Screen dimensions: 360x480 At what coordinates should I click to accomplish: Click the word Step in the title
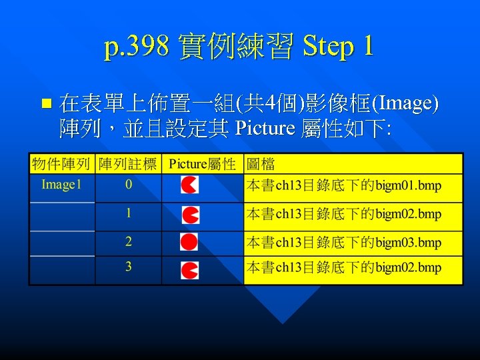click(x=329, y=47)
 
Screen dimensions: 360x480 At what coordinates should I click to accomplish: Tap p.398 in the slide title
click(x=137, y=47)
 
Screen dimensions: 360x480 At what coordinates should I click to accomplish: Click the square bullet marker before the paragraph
click(x=46, y=103)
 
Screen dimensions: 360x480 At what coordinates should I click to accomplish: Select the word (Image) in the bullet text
click(x=405, y=103)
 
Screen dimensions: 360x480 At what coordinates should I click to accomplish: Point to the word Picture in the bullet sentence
click(x=265, y=127)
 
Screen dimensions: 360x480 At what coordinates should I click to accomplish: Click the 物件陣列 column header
click(x=61, y=164)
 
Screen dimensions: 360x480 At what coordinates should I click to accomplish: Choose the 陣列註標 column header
click(x=128, y=164)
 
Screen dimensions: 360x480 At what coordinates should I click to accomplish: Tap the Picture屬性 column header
click(x=203, y=164)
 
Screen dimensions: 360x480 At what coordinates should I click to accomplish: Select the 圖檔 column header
click(x=261, y=164)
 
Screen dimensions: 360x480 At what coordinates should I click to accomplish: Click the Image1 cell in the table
click(x=61, y=185)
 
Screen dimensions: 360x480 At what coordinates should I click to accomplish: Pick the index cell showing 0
click(x=128, y=185)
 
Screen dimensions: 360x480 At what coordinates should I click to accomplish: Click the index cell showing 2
click(x=128, y=241)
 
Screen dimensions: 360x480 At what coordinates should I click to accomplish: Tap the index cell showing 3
click(x=128, y=267)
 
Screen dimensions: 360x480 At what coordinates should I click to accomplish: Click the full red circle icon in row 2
click(x=189, y=241)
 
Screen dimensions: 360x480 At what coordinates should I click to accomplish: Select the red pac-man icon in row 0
click(x=189, y=185)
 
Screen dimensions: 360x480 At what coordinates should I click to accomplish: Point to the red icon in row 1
click(x=191, y=215)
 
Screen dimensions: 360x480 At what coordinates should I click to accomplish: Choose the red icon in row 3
click(x=190, y=270)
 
